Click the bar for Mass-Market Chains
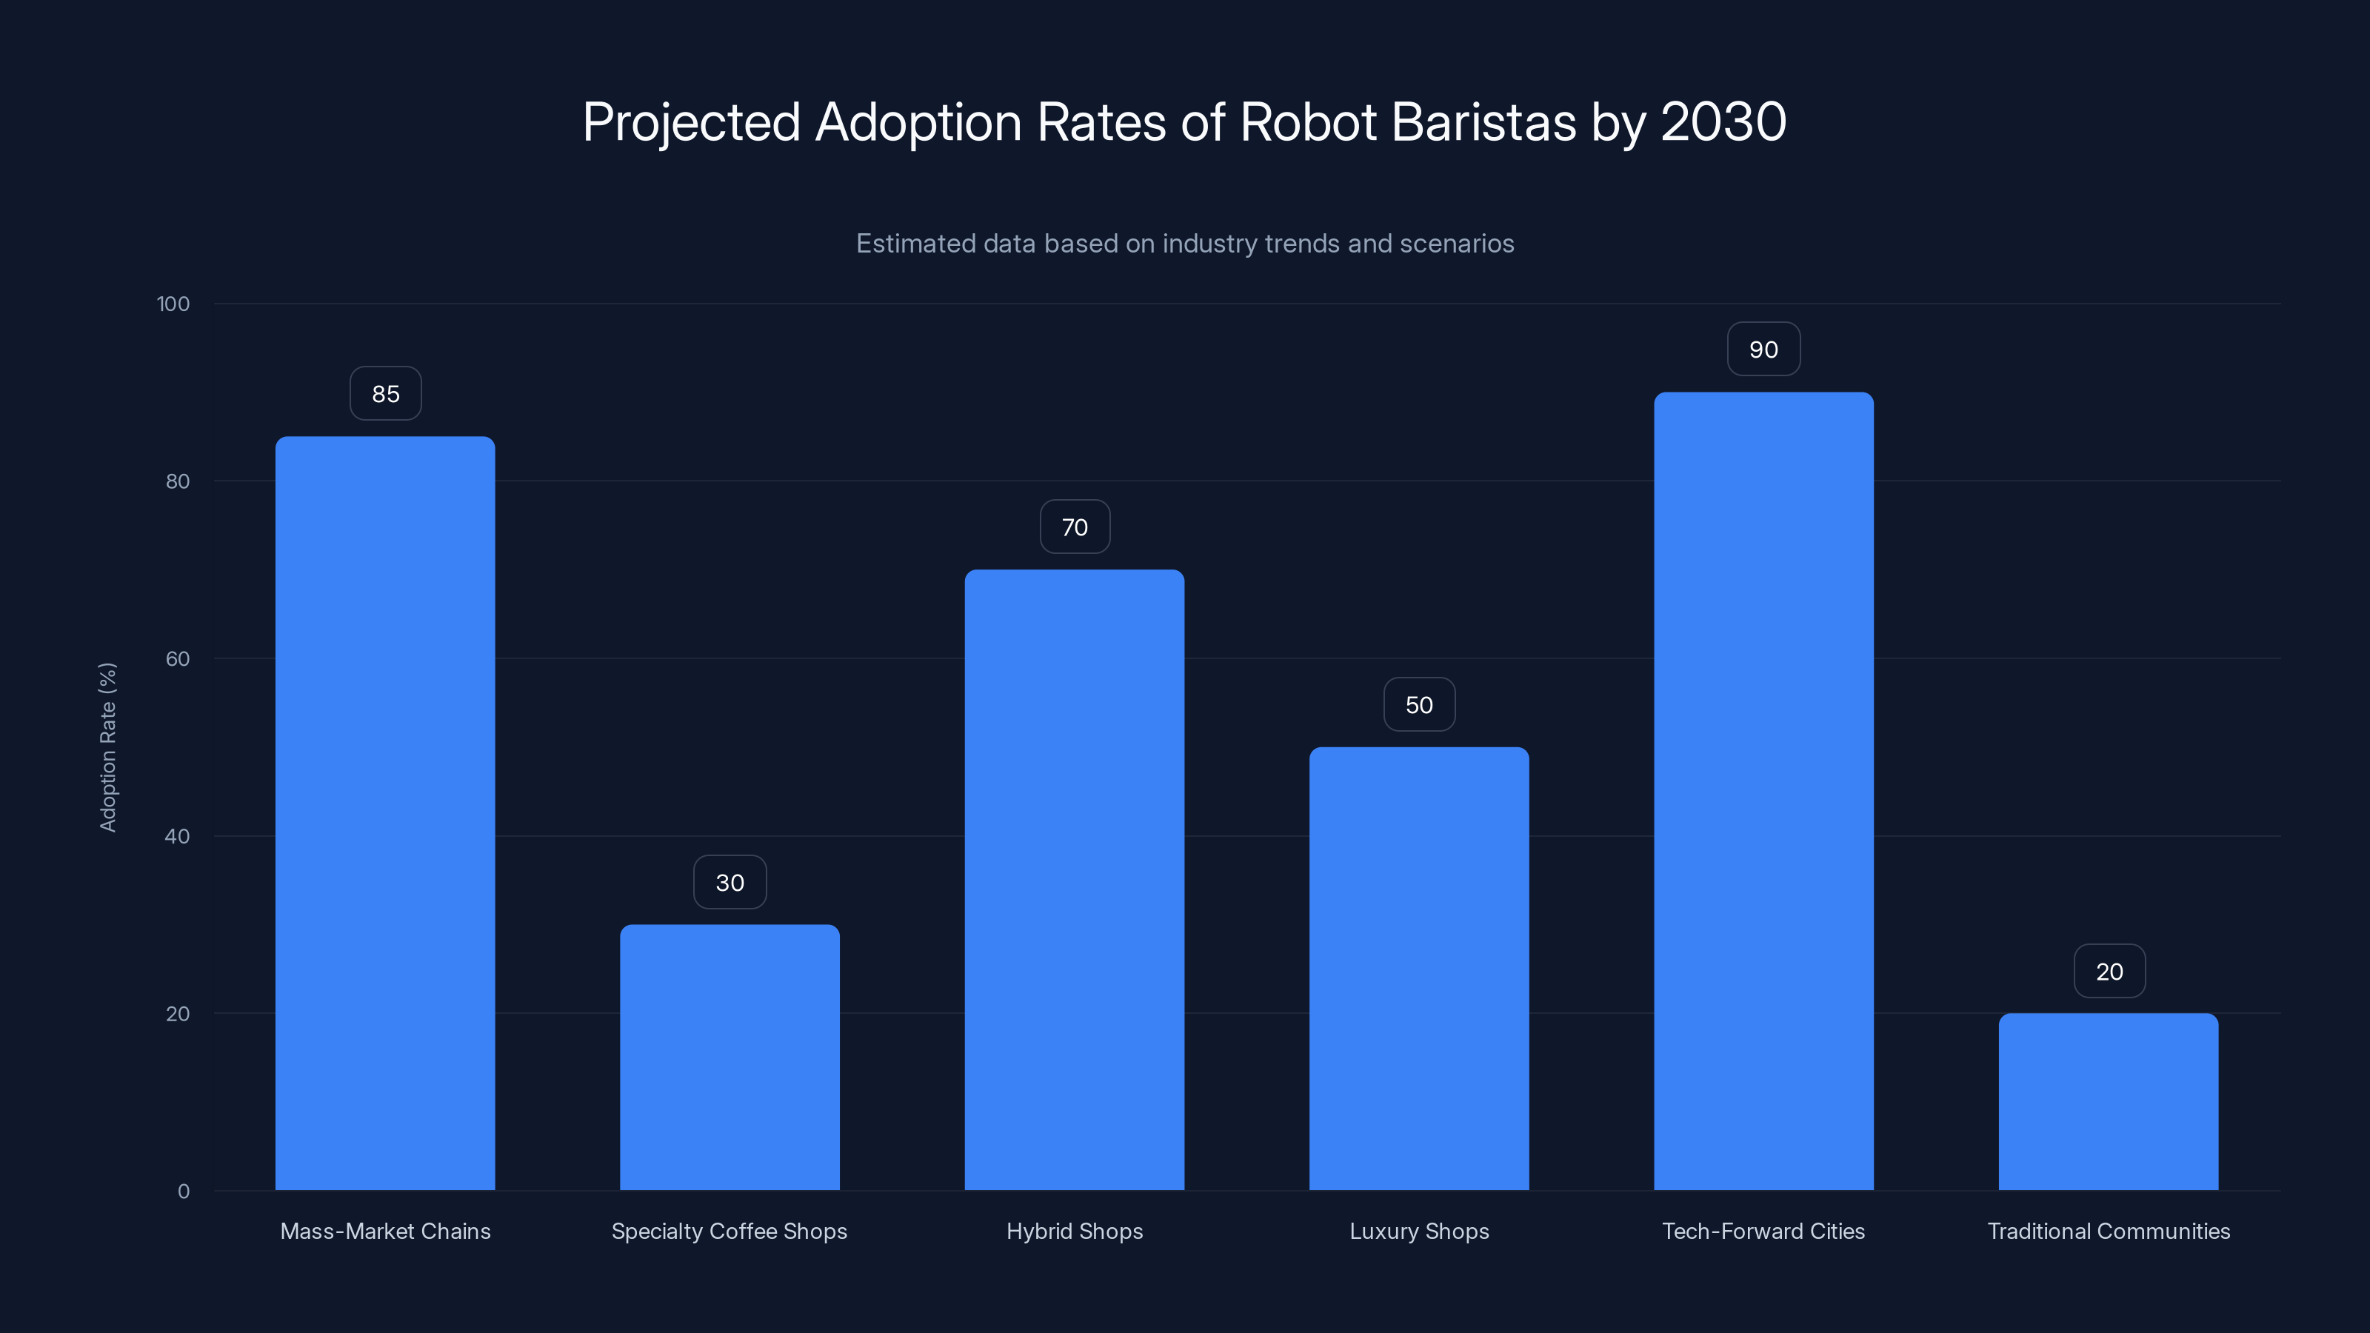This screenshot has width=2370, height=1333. pyautogui.click(x=384, y=813)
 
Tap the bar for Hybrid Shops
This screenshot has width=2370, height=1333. pyautogui.click(x=1074, y=880)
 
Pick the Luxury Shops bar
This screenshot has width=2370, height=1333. pyautogui.click(x=1419, y=968)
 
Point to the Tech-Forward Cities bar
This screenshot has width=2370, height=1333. pyautogui.click(x=1763, y=791)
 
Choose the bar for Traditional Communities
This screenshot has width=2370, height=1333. pyautogui.click(x=2108, y=1101)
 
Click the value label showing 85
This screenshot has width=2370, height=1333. pyautogui.click(x=385, y=394)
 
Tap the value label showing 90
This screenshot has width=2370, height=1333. pyautogui.click(x=1763, y=350)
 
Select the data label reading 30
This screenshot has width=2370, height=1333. pyautogui.click(x=730, y=882)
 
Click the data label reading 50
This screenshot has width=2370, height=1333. pyautogui.click(x=1419, y=705)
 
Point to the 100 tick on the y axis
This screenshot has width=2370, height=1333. pyautogui.click(x=173, y=304)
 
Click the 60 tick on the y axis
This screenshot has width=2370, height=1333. pyautogui.click(x=177, y=658)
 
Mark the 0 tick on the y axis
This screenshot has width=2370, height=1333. pyautogui.click(x=183, y=1192)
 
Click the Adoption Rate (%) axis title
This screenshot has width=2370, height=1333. pyautogui.click(x=107, y=747)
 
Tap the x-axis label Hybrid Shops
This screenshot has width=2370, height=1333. pyautogui.click(x=1074, y=1231)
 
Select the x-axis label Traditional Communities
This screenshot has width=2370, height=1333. pyautogui.click(x=2108, y=1231)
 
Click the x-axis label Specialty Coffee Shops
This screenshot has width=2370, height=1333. pyautogui.click(x=729, y=1231)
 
